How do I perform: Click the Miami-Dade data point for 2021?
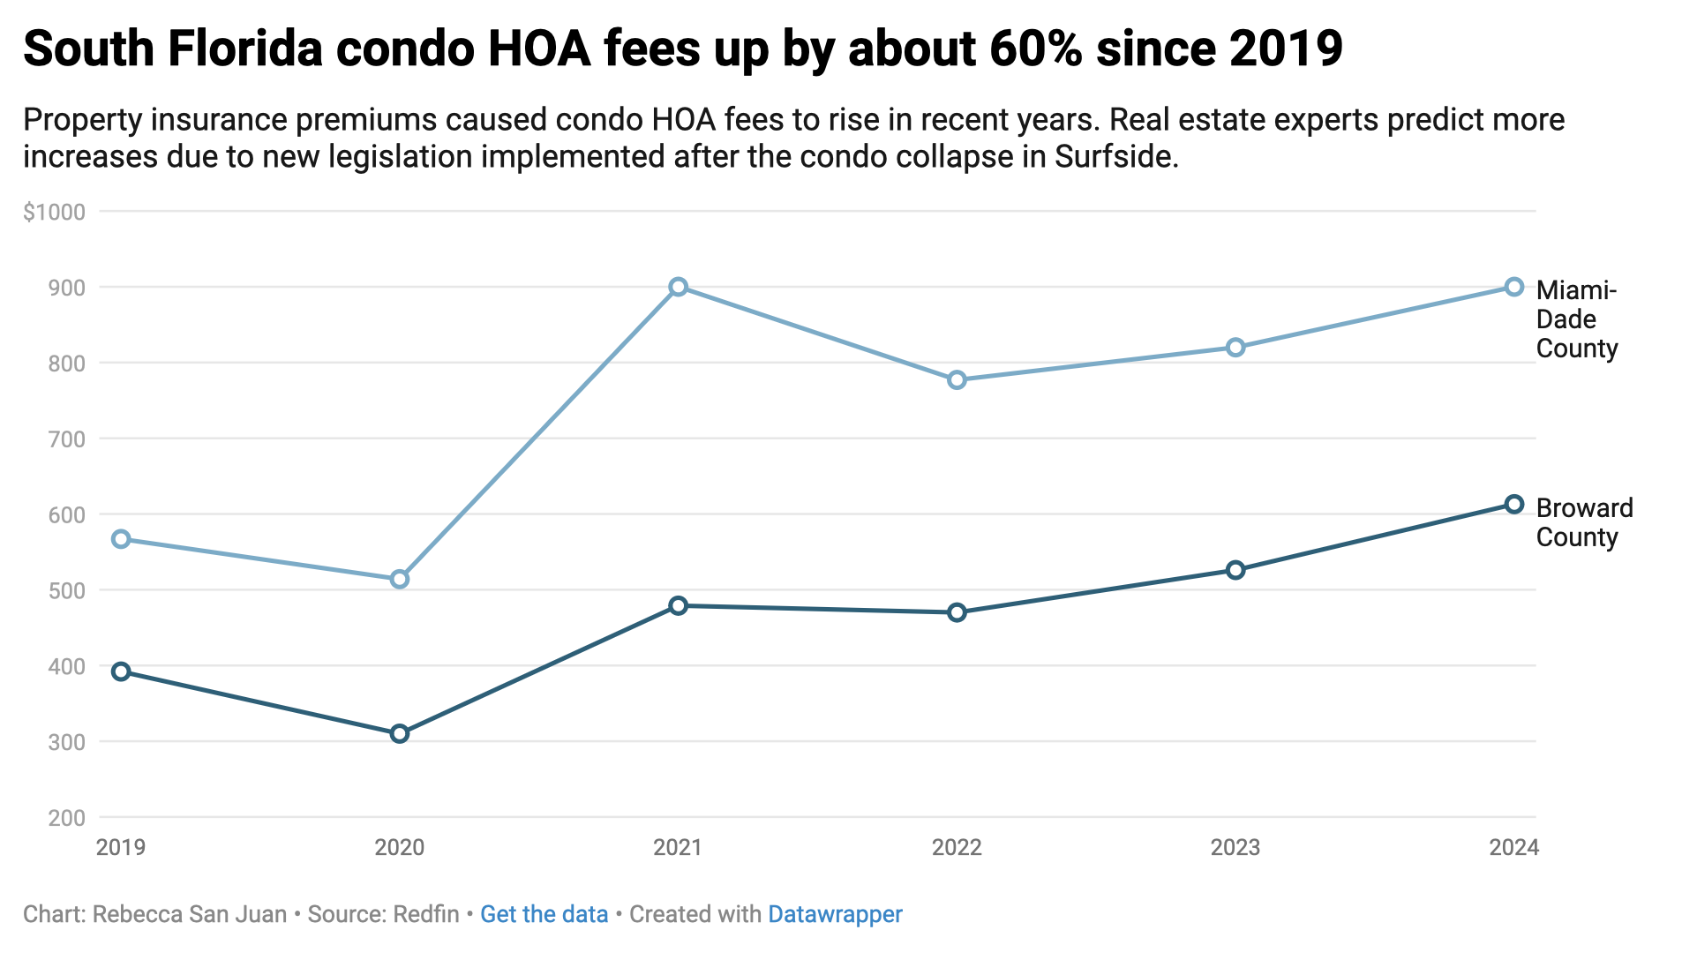[x=678, y=287]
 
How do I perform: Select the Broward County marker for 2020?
[x=400, y=733]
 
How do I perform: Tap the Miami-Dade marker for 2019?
[x=121, y=539]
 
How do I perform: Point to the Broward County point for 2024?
[x=1513, y=504]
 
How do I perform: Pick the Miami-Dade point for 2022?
[x=957, y=380]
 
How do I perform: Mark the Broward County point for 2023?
[x=1235, y=570]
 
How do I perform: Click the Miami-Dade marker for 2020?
[x=400, y=579]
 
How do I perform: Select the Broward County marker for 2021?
[x=678, y=605]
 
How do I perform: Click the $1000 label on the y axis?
[x=55, y=212]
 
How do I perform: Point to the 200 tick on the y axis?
[x=67, y=818]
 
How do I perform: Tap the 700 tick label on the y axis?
[x=67, y=439]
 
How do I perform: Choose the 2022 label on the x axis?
[x=957, y=848]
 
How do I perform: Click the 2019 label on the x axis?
[x=121, y=848]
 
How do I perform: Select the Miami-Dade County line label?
[x=1576, y=319]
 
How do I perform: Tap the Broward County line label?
[x=1584, y=522]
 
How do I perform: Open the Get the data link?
[x=544, y=914]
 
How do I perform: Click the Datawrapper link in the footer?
[x=835, y=914]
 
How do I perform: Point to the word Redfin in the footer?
[x=426, y=914]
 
